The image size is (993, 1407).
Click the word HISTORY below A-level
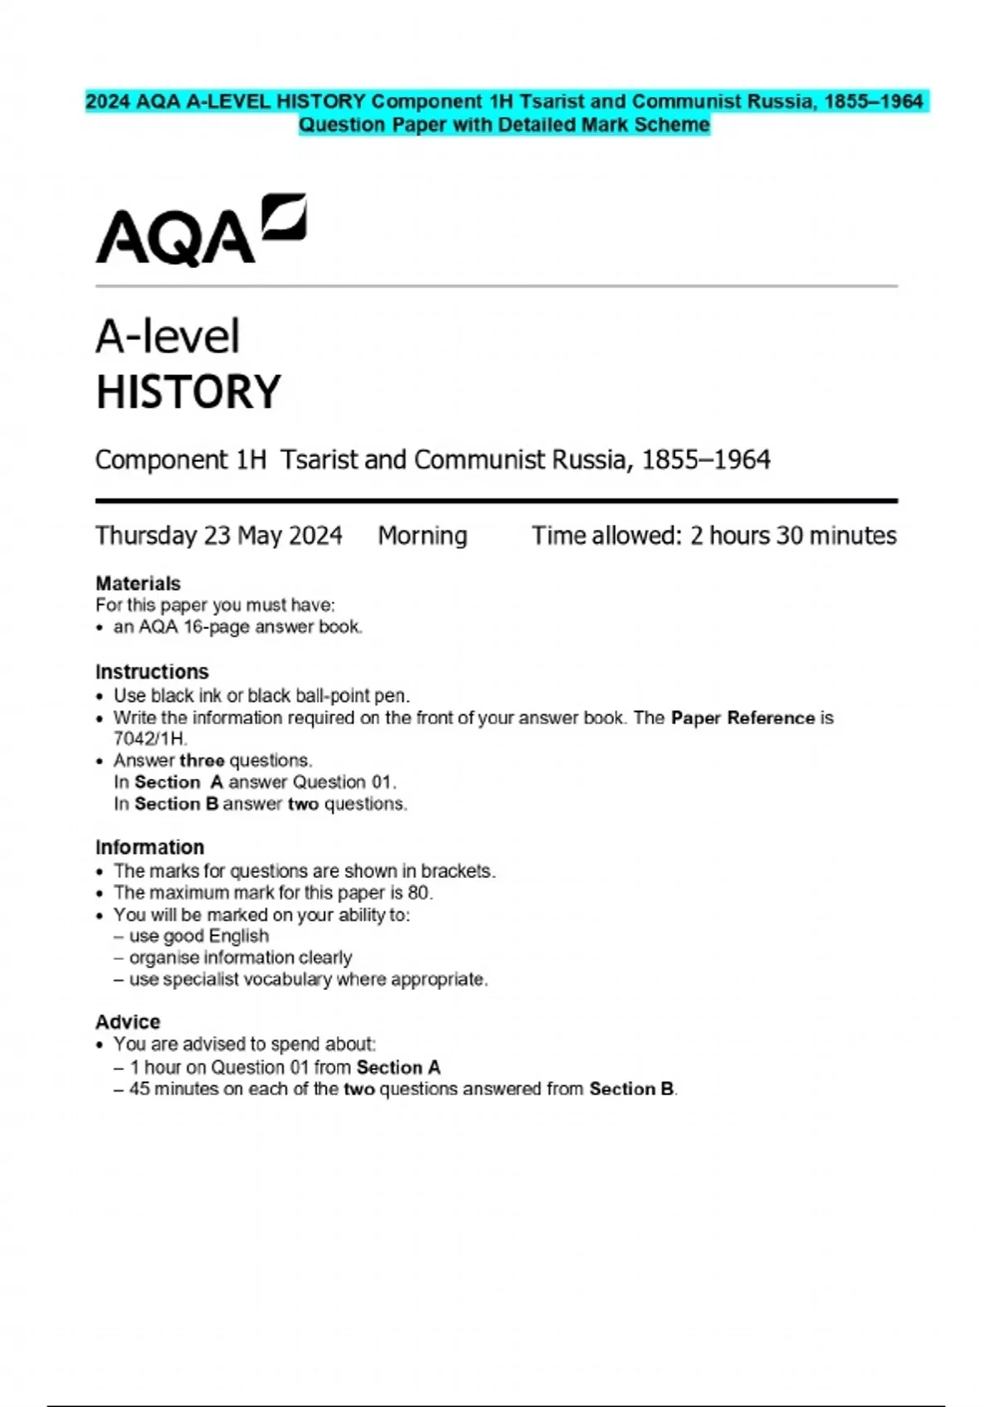(x=189, y=392)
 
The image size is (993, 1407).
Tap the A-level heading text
(x=168, y=337)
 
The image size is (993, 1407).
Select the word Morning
(x=422, y=536)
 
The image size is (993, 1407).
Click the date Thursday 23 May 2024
(x=218, y=536)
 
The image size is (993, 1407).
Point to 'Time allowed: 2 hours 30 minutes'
(x=713, y=536)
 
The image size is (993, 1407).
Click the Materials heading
(x=137, y=583)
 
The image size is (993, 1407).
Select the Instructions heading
(x=151, y=672)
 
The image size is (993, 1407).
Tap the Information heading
(x=149, y=848)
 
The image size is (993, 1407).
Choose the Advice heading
(x=127, y=1022)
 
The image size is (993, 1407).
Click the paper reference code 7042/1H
(x=150, y=739)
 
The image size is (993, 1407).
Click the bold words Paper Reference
(x=742, y=718)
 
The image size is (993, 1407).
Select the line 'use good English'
(x=199, y=936)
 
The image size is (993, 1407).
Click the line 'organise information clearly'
(x=240, y=958)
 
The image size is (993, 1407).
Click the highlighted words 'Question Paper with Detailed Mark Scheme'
(x=504, y=125)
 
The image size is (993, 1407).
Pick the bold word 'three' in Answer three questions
(x=202, y=761)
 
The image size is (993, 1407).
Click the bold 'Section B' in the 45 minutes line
(x=631, y=1089)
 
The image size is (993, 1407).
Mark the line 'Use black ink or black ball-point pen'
(x=261, y=696)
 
